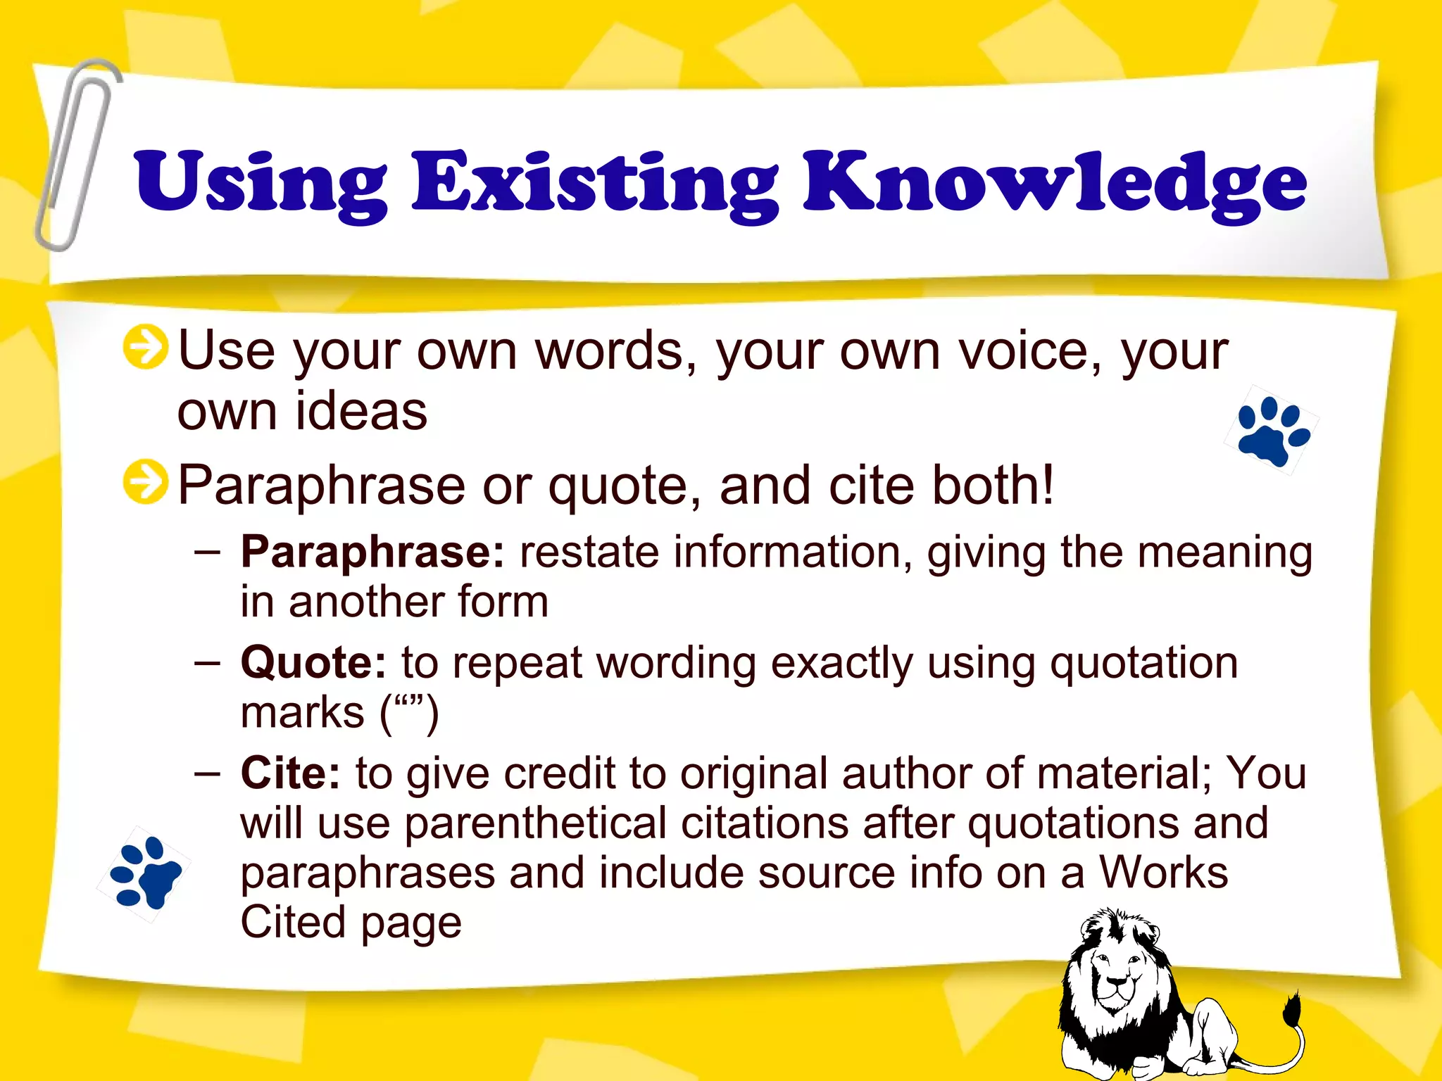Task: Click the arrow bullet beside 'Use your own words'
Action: (145, 347)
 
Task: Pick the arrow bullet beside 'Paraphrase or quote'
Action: (145, 483)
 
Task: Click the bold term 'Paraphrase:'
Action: (372, 553)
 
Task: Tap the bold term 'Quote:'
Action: (313, 664)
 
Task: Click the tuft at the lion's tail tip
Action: (1291, 1013)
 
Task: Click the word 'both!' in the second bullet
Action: (993, 486)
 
